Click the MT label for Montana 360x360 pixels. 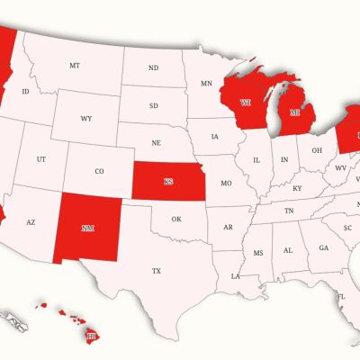click(x=75, y=66)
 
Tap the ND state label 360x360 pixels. click(x=154, y=68)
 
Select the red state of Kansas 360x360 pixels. click(x=168, y=182)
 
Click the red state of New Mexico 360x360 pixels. click(x=87, y=229)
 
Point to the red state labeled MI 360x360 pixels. click(x=293, y=114)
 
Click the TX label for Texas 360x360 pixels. click(x=157, y=271)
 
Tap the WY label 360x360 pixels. click(x=86, y=119)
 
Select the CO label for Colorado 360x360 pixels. click(x=99, y=171)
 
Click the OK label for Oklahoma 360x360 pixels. click(x=176, y=219)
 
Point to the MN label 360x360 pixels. click(x=207, y=84)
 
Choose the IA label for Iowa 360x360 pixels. click(x=214, y=138)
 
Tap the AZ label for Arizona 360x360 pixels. click(x=30, y=221)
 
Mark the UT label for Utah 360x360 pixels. click(x=41, y=159)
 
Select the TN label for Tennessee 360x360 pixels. click(x=289, y=210)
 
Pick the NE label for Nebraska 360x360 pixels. click(x=157, y=143)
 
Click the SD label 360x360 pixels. click(x=154, y=105)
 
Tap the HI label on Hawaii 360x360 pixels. click(x=91, y=336)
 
